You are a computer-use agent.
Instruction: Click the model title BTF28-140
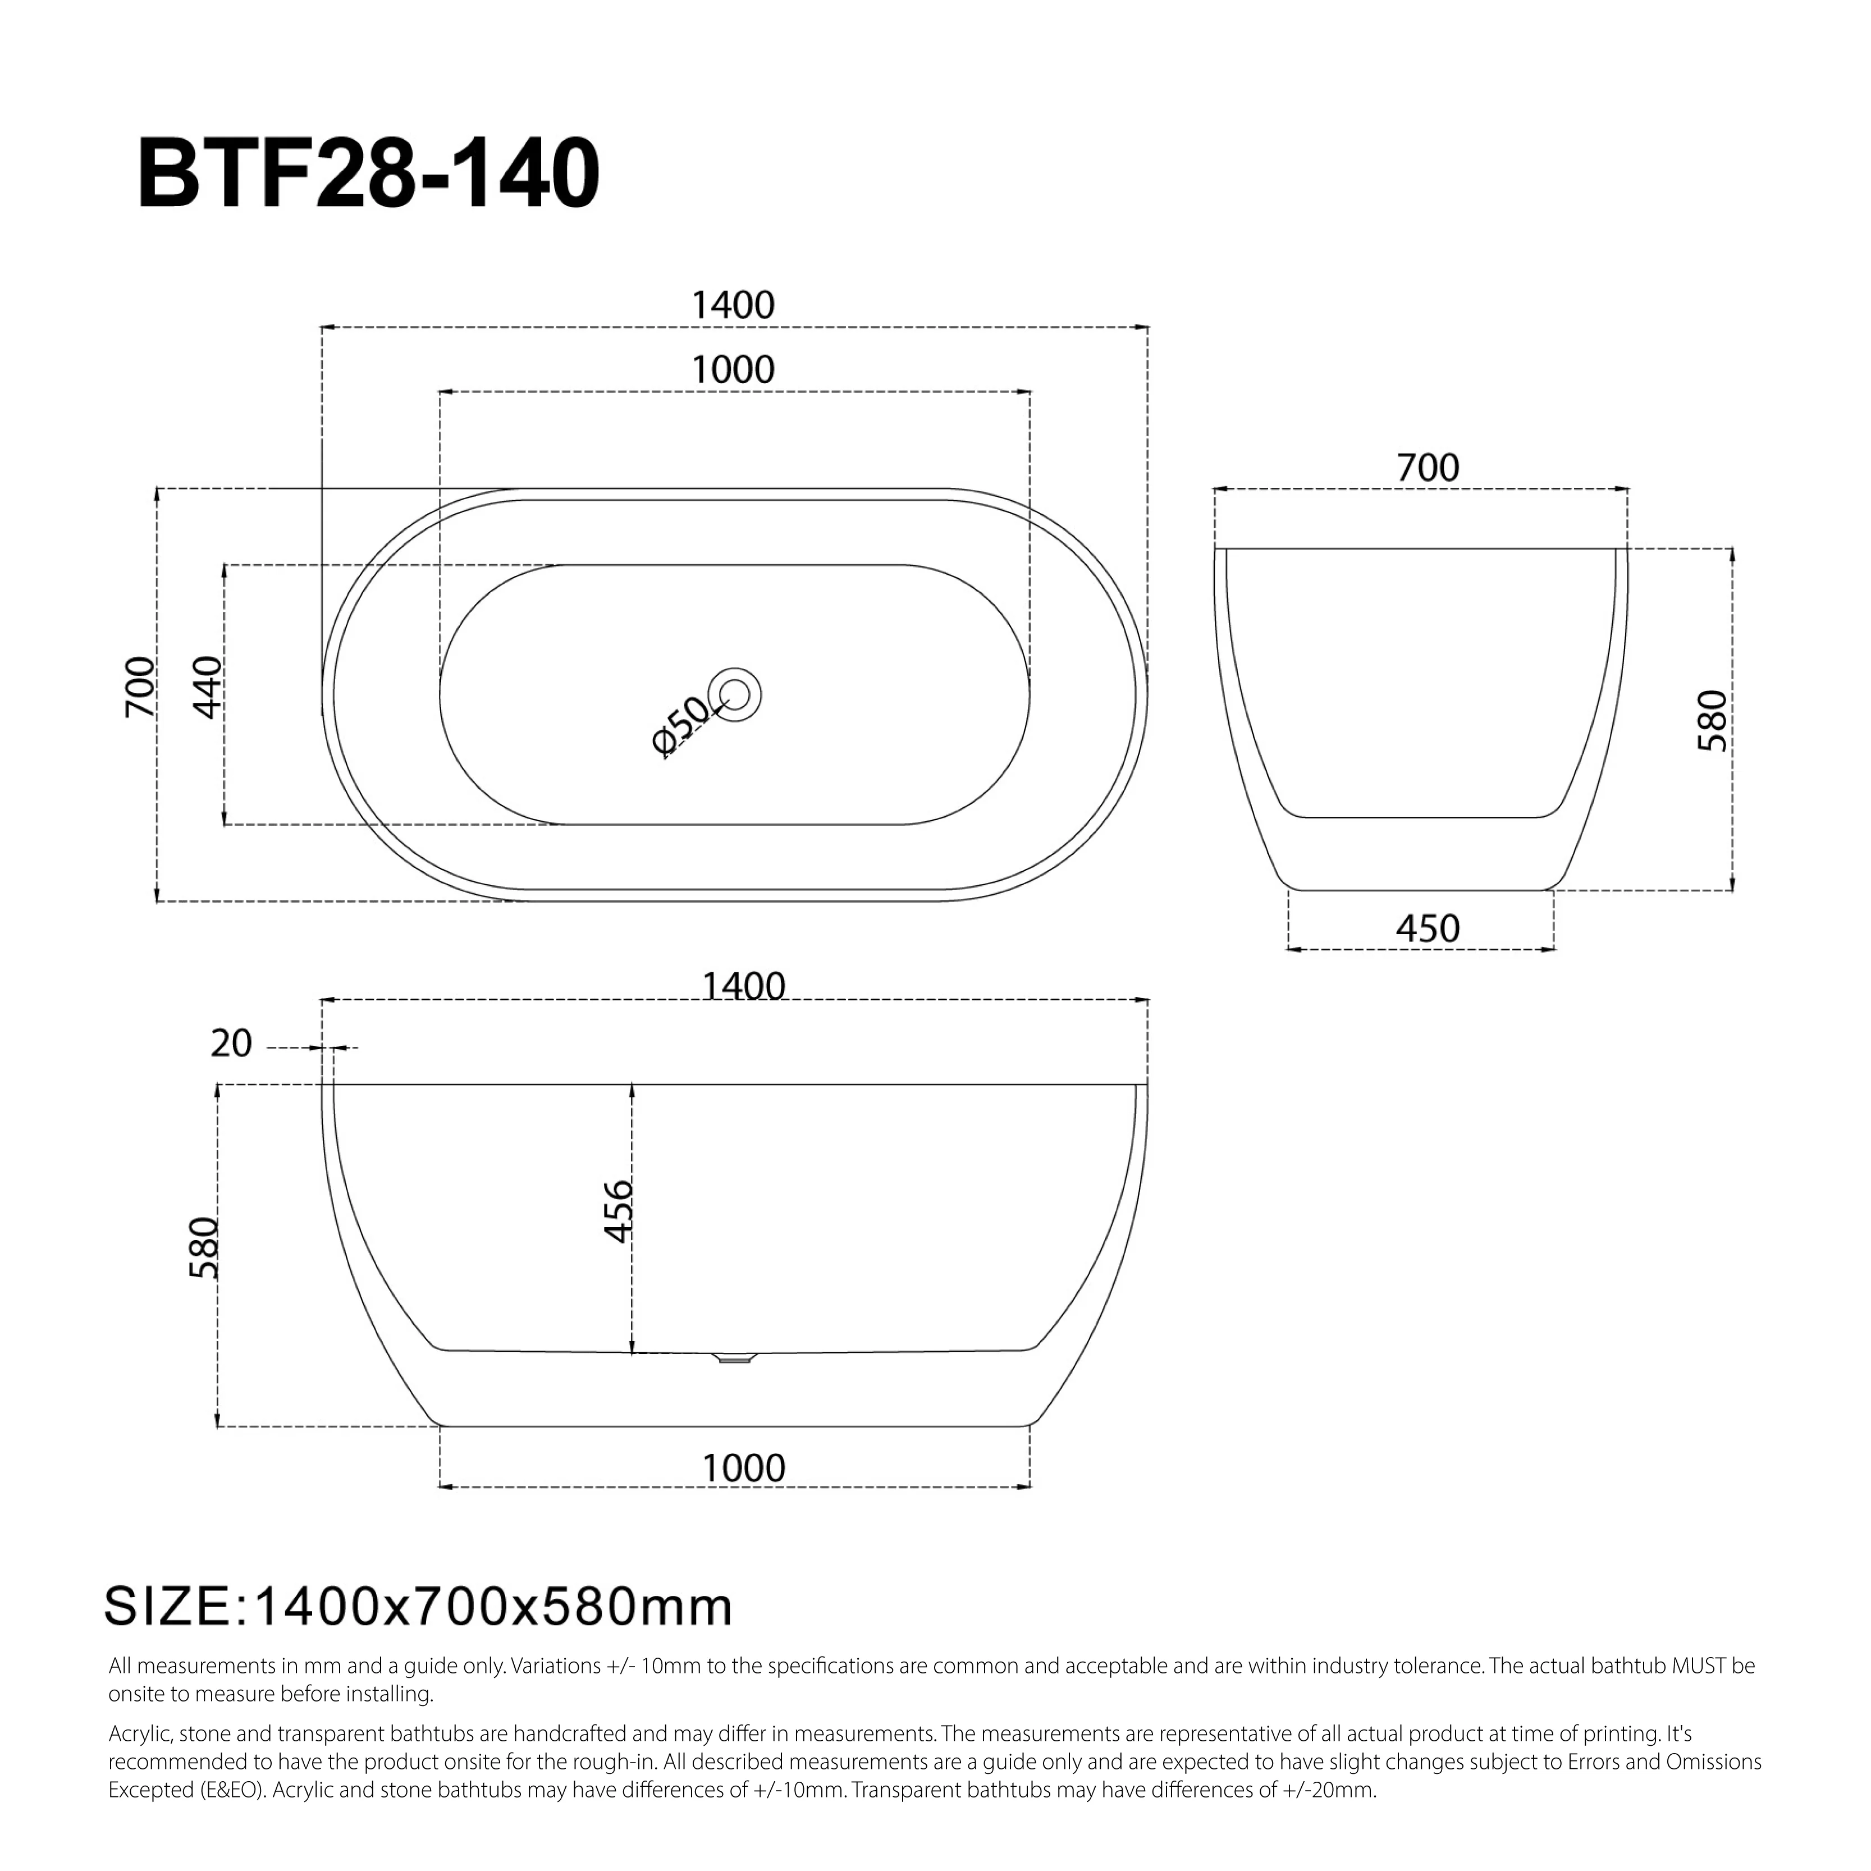click(x=369, y=175)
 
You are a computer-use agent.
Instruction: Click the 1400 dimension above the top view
click(x=733, y=306)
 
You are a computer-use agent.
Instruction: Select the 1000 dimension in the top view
click(x=733, y=370)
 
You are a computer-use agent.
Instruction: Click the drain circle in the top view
click(x=735, y=694)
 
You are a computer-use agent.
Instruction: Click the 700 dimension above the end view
click(x=1428, y=469)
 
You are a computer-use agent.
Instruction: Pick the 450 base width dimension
click(x=1428, y=928)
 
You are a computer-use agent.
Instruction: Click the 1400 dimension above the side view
click(x=743, y=987)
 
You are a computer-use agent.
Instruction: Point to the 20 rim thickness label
click(x=231, y=1044)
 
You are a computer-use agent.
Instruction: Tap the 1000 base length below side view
click(x=743, y=1468)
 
